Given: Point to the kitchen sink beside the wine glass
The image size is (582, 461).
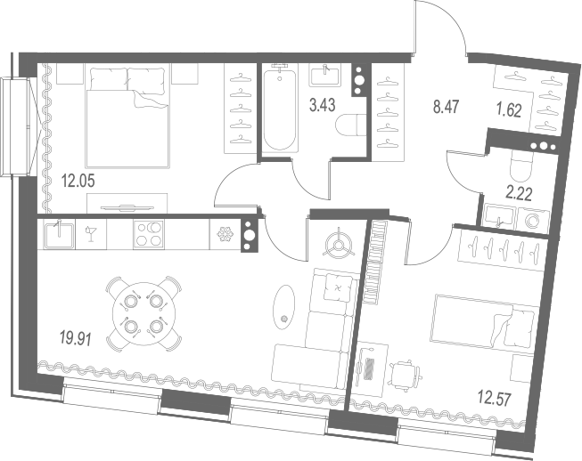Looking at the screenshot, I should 59,233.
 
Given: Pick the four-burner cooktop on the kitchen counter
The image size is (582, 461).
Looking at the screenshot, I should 148,233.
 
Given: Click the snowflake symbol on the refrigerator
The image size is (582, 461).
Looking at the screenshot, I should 225,233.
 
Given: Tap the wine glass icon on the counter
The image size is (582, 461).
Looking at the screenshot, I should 91,232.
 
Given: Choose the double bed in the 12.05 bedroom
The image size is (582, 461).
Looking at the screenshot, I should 127,116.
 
